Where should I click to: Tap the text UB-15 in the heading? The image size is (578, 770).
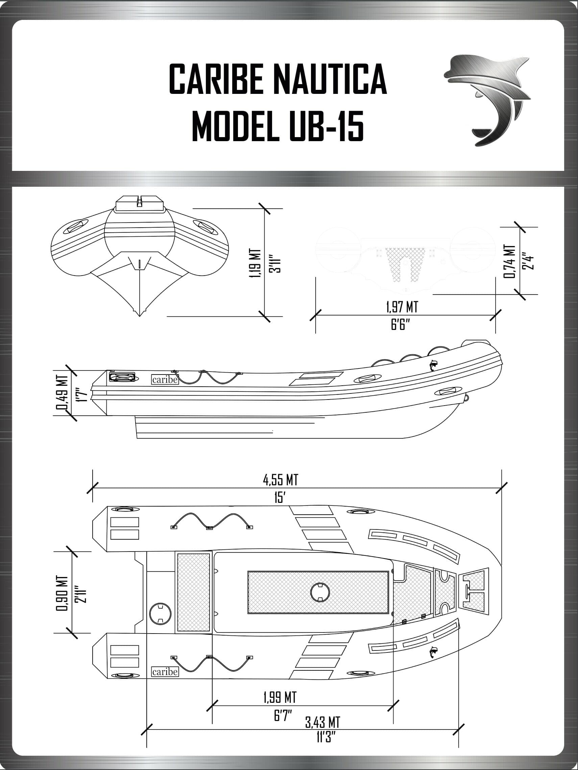327,126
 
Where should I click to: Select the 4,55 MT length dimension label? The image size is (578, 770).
281,480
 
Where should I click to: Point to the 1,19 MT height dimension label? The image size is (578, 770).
255,263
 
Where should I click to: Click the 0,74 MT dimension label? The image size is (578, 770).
509,261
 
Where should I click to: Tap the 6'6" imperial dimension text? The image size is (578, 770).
400,325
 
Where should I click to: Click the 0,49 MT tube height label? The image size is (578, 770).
62,396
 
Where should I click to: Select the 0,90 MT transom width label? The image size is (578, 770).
62,593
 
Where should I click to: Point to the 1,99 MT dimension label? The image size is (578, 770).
280,697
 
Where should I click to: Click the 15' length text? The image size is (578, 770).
280,498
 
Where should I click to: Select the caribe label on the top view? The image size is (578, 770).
165,671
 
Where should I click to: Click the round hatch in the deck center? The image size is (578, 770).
319,592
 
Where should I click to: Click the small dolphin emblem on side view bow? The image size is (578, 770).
433,365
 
